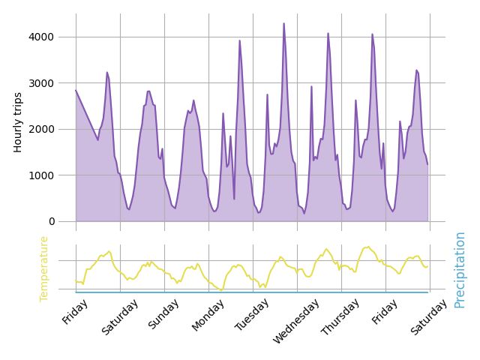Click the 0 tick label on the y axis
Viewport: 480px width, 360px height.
point(51,221)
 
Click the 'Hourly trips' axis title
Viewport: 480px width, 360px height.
point(18,122)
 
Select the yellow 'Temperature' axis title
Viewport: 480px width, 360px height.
point(43,268)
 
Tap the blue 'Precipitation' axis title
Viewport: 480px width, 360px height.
point(460,269)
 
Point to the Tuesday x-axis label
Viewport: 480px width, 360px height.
point(252,314)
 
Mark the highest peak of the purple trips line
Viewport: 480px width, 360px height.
point(283,23)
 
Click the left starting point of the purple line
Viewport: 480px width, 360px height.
point(76,90)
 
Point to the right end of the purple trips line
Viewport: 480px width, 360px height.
point(427,164)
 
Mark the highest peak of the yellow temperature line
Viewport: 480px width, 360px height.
point(367,247)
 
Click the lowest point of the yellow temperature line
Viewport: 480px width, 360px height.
point(221,290)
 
